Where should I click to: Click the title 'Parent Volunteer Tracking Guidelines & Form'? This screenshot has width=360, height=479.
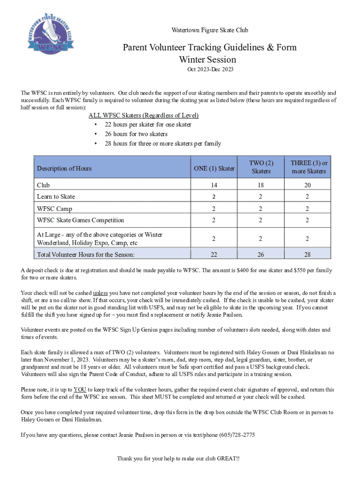point(209,48)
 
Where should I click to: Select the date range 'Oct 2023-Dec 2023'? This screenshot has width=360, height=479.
point(210,70)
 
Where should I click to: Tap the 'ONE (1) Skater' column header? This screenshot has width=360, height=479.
point(214,168)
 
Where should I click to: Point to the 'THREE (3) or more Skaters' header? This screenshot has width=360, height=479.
point(309,167)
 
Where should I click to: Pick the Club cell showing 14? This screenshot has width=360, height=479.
point(213,185)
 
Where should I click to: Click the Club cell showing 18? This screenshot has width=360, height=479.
point(261,185)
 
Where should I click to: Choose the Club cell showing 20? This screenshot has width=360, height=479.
point(308,185)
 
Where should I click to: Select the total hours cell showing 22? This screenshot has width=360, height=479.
point(213,254)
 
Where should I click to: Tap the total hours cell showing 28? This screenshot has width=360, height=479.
point(308,254)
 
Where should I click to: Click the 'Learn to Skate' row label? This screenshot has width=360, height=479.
point(56,196)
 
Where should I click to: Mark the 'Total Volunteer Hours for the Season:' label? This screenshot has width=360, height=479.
point(86,254)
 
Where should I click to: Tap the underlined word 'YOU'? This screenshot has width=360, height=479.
point(80,390)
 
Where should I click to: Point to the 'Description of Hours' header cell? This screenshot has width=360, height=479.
point(64,168)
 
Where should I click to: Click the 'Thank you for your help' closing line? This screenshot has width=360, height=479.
point(178,458)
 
